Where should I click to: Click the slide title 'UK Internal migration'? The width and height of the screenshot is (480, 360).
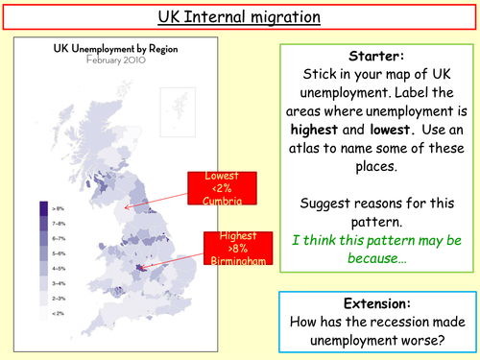[x=239, y=17]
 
